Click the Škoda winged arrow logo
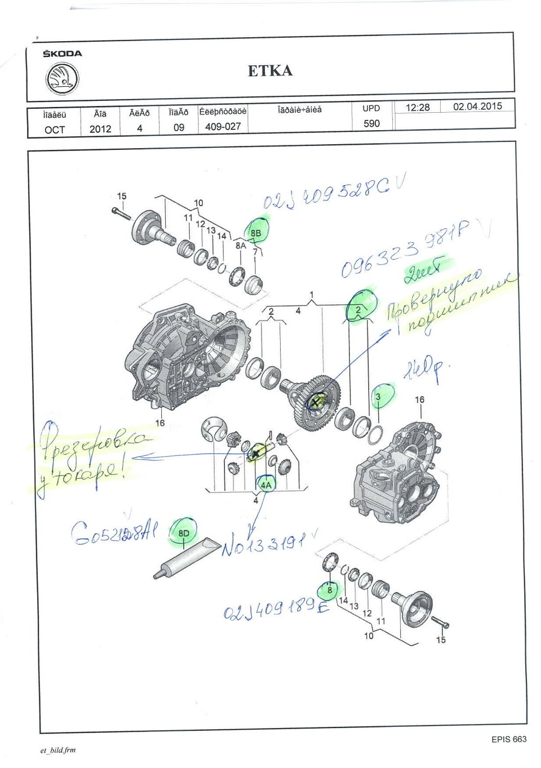click(61, 78)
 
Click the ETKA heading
click(270, 71)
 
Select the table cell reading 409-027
click(223, 127)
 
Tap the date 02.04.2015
click(477, 106)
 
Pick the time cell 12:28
click(418, 107)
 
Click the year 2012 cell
click(100, 129)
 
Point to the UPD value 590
click(371, 123)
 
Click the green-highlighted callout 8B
click(256, 232)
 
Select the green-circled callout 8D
click(184, 533)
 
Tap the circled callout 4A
click(265, 485)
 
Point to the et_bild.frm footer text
click(57, 750)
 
